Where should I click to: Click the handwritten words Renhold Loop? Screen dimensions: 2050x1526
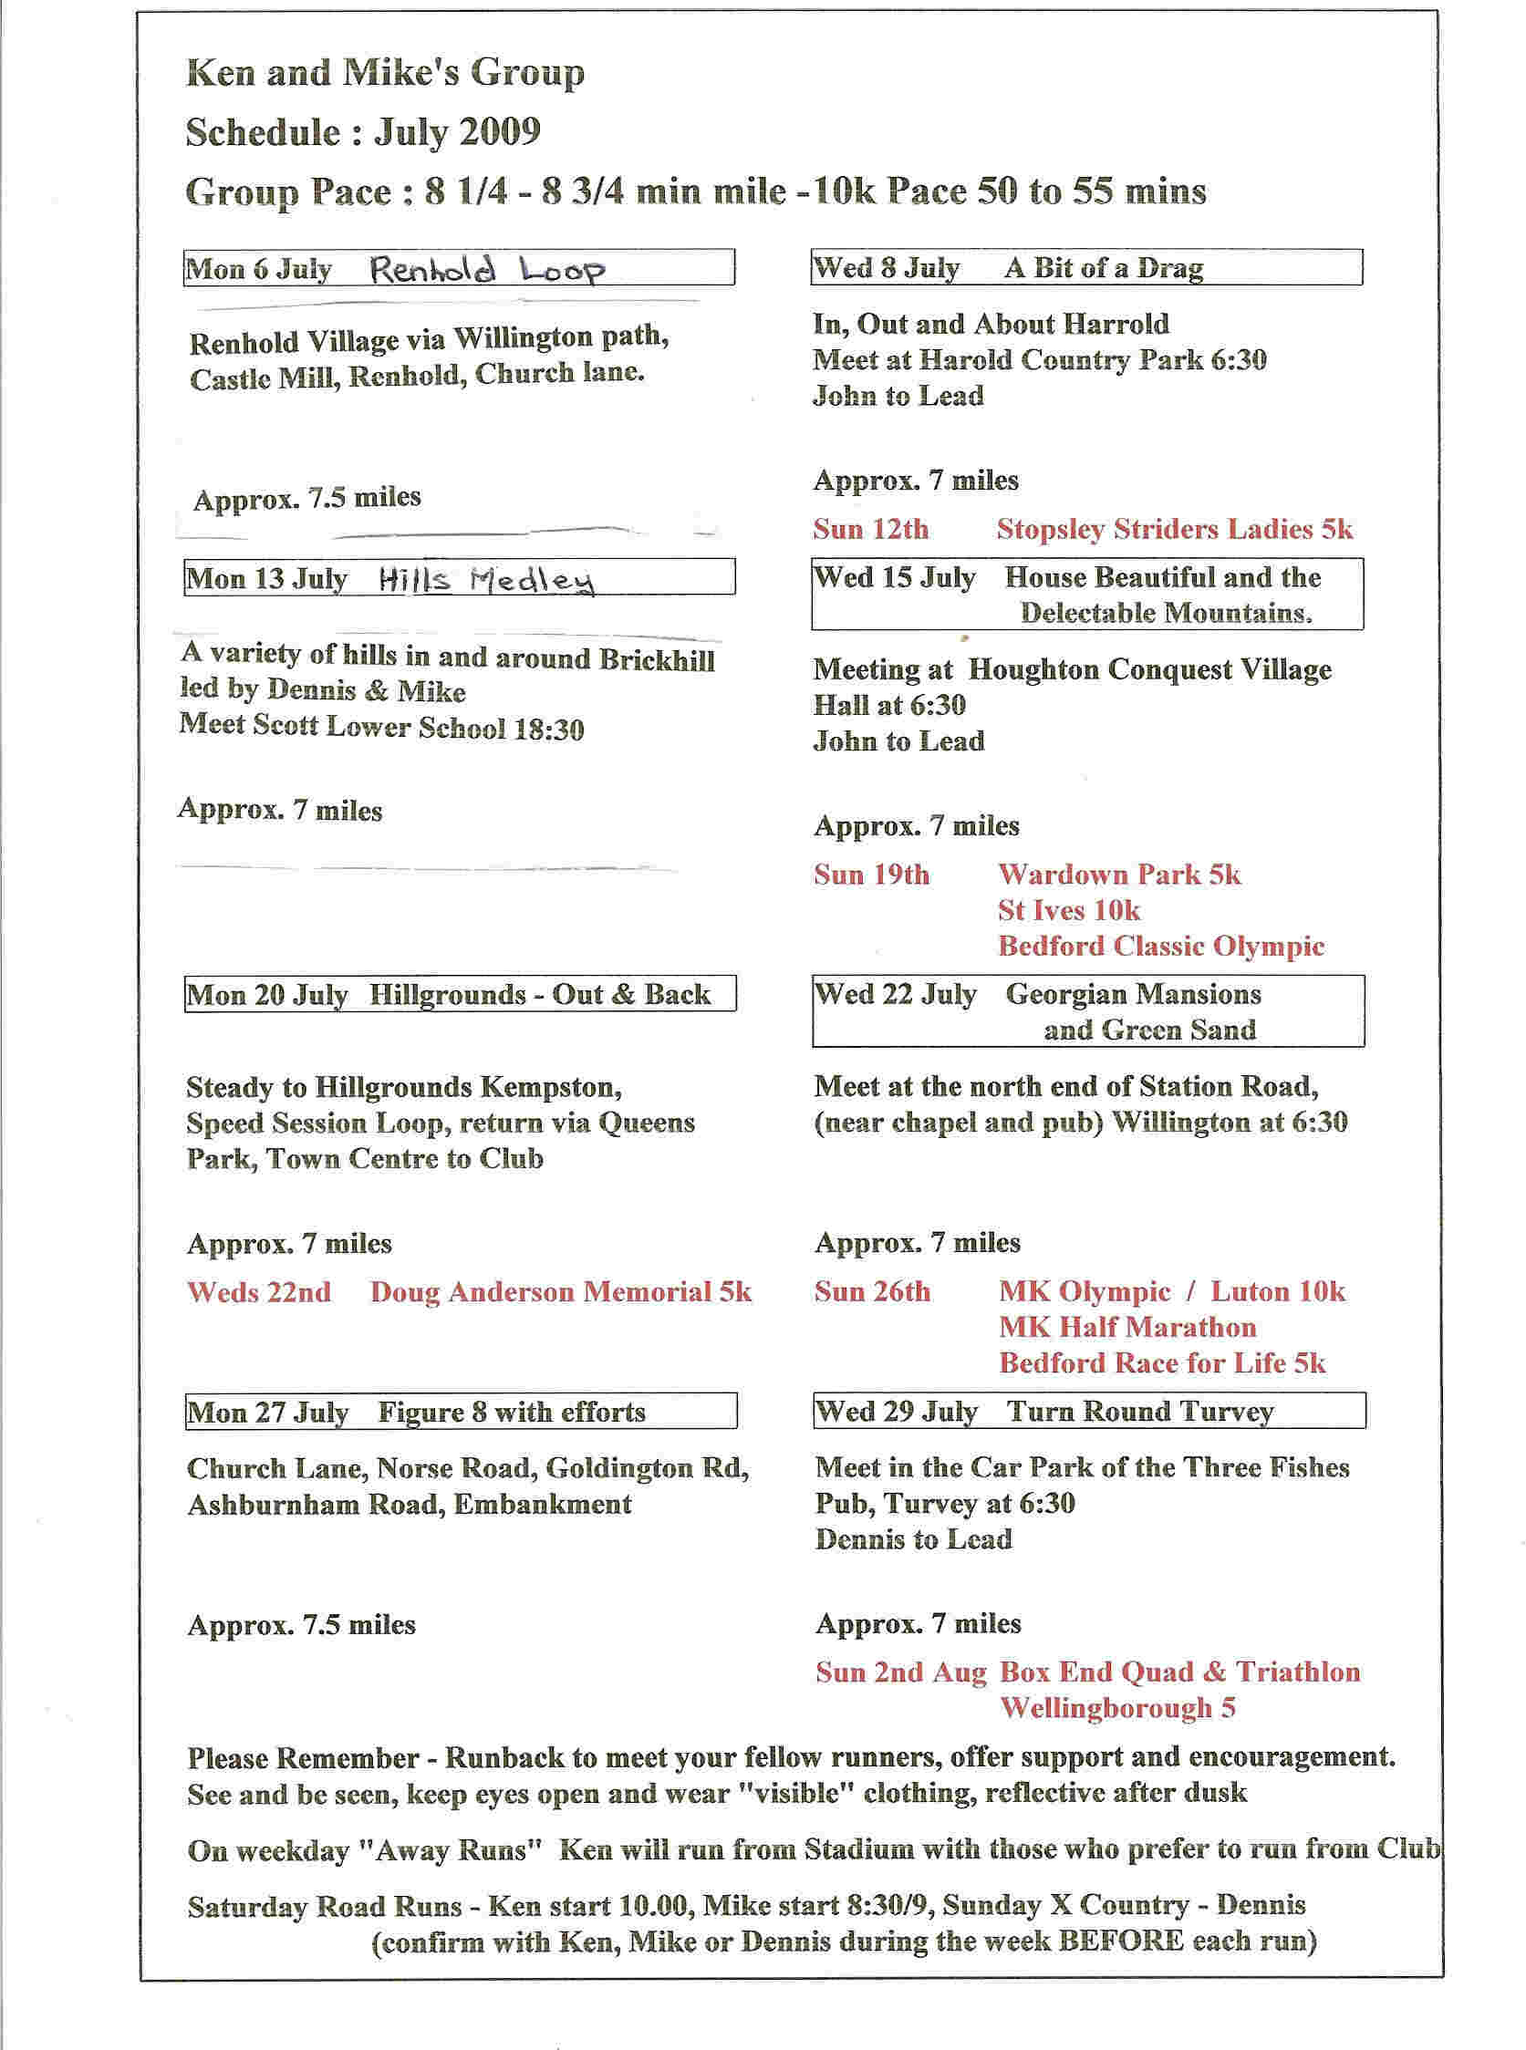[x=487, y=270]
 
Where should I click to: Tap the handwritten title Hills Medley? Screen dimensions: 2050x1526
[x=487, y=580]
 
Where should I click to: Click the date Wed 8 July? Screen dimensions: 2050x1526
[x=886, y=269]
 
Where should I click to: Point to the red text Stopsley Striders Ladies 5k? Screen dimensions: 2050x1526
[x=1174, y=529]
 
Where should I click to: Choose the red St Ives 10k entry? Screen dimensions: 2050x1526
[x=1069, y=910]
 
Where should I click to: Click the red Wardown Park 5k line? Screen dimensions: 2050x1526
[x=1119, y=875]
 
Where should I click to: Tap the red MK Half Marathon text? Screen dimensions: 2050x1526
[x=1127, y=1327]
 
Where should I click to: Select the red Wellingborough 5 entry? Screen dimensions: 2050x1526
[x=1117, y=1707]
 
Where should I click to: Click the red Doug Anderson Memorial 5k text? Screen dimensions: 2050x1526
[x=561, y=1292]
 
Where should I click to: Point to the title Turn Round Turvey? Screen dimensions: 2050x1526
[x=1140, y=1411]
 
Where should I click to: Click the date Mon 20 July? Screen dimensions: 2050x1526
[x=267, y=996]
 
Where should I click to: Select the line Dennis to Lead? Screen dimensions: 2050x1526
[x=914, y=1539]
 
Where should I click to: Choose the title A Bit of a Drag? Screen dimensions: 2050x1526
[x=1104, y=269]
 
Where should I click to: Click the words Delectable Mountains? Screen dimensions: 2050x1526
[x=1166, y=613]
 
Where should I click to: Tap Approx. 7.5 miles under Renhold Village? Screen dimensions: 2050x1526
[x=306, y=499]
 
